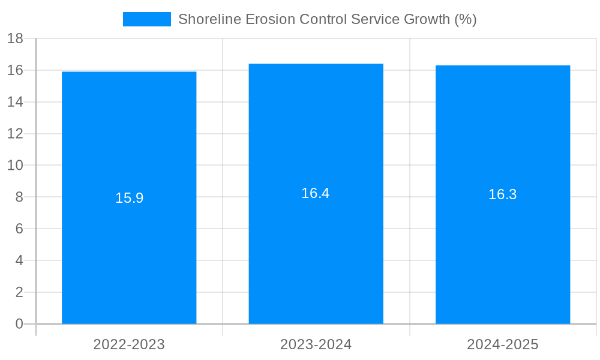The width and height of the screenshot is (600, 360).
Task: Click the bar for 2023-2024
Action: click(316, 252)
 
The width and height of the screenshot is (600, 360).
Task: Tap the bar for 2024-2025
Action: click(503, 252)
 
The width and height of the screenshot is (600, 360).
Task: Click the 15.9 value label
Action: click(129, 198)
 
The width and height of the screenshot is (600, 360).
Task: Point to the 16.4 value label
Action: click(316, 193)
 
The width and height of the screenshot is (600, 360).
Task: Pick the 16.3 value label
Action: click(503, 194)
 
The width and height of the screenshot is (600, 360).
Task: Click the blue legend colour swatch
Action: click(147, 19)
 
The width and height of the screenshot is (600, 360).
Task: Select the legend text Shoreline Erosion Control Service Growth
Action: click(327, 19)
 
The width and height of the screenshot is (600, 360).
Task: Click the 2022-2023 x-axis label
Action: click(129, 344)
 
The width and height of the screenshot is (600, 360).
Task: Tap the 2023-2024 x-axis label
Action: click(316, 344)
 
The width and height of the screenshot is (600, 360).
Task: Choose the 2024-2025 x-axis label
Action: click(503, 344)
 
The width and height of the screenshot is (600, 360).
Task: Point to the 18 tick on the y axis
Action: click(15, 39)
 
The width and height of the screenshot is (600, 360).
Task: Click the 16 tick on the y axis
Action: click(15, 70)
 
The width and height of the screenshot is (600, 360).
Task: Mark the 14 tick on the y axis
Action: click(15, 102)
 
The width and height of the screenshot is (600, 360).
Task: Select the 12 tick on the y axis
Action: click(15, 134)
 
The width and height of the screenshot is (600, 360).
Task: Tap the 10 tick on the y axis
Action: click(15, 166)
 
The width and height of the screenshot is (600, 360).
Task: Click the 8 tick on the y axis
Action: click(19, 197)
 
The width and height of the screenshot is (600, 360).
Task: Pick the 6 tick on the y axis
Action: click(19, 229)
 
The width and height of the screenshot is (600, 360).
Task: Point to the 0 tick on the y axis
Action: click(19, 324)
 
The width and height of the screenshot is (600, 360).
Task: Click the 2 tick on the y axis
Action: click(19, 292)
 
